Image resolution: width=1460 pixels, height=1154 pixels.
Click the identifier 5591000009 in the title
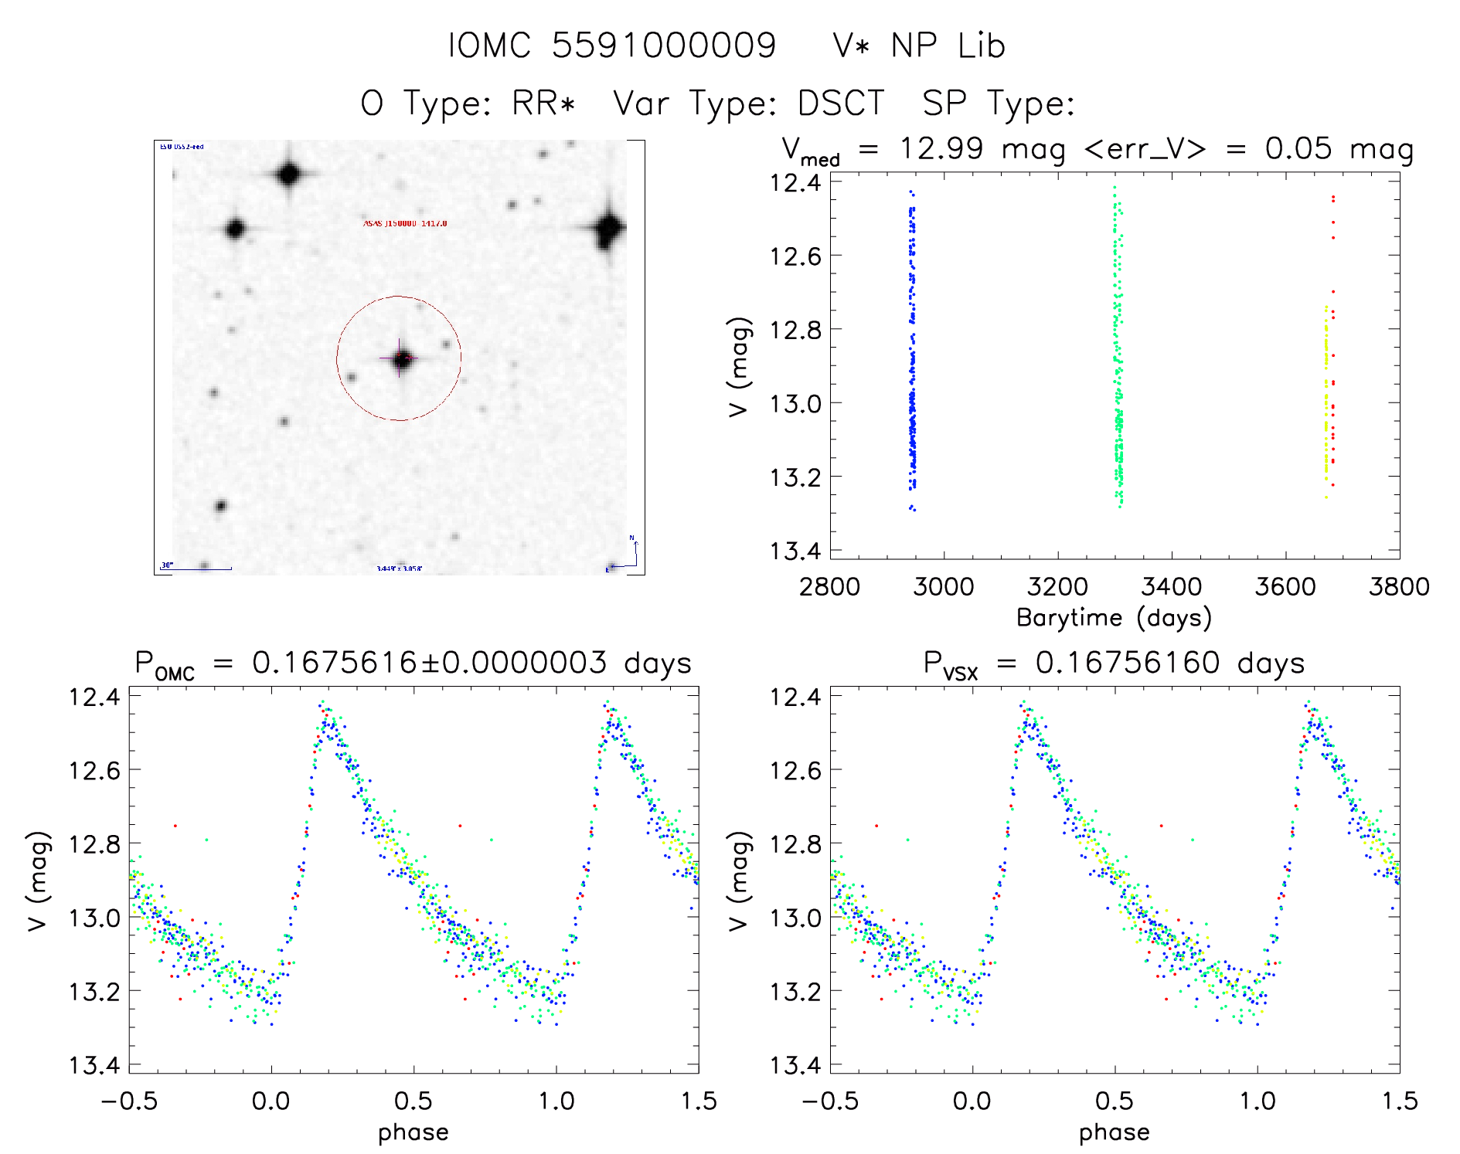tap(663, 46)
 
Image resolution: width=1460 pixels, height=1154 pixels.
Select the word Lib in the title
tap(981, 46)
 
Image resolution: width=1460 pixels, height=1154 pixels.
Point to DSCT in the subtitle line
tap(841, 104)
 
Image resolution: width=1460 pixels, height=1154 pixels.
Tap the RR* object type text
tap(544, 104)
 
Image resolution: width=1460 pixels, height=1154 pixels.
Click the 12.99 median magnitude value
tap(941, 148)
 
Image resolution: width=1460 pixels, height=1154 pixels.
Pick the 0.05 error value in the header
tap(1298, 148)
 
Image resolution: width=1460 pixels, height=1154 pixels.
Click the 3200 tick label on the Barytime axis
tap(1057, 587)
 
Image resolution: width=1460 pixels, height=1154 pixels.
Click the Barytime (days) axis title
tap(1114, 618)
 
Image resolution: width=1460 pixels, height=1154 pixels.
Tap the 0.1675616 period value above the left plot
tap(335, 663)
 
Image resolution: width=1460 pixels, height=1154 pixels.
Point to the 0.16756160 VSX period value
tap(1128, 663)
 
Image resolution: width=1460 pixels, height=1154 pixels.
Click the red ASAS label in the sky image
tap(405, 223)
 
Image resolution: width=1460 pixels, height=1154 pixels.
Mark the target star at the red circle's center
tap(401, 358)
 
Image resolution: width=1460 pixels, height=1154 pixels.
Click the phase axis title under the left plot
tap(413, 1132)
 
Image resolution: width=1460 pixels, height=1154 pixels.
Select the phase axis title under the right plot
tap(1115, 1132)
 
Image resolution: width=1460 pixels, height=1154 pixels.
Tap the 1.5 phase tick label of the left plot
tap(699, 1101)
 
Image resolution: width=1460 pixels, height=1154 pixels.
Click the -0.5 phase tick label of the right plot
tap(829, 1101)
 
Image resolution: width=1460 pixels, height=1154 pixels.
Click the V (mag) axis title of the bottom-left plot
tap(39, 881)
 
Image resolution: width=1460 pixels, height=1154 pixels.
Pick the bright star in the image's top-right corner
tap(608, 229)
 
